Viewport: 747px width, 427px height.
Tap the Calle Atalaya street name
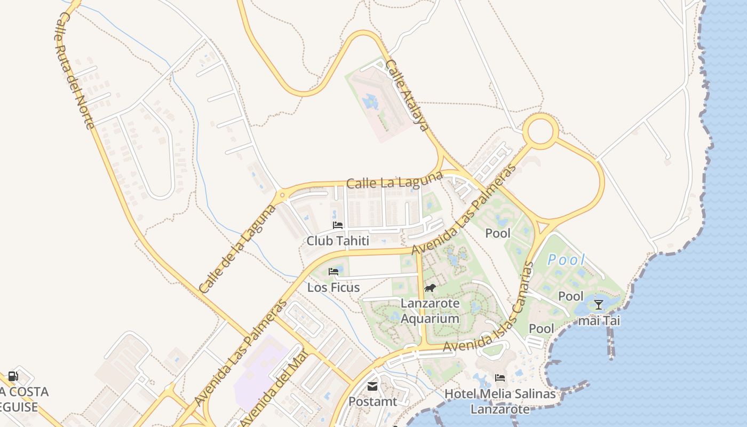pyautogui.click(x=407, y=96)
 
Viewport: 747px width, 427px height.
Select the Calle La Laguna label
pyautogui.click(x=394, y=180)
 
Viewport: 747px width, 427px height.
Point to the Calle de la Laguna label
pyautogui.click(x=237, y=249)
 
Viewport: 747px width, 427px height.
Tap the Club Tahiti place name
pyautogui.click(x=338, y=241)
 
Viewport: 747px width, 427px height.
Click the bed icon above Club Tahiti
pyautogui.click(x=338, y=225)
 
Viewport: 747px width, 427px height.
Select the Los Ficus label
pyautogui.click(x=333, y=287)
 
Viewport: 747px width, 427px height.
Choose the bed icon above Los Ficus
pyautogui.click(x=334, y=272)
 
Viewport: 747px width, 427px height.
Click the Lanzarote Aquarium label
pyautogui.click(x=430, y=311)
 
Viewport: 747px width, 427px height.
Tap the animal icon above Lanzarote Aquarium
pyautogui.click(x=430, y=288)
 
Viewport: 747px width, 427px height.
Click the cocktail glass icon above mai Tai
pyautogui.click(x=599, y=305)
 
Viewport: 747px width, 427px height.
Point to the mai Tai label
pyautogui.click(x=599, y=321)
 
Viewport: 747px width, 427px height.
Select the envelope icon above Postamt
pyautogui.click(x=372, y=386)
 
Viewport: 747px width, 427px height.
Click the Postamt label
pyautogui.click(x=373, y=401)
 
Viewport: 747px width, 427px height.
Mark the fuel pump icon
pyautogui.click(x=13, y=376)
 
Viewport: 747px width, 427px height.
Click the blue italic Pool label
pyautogui.click(x=567, y=260)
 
